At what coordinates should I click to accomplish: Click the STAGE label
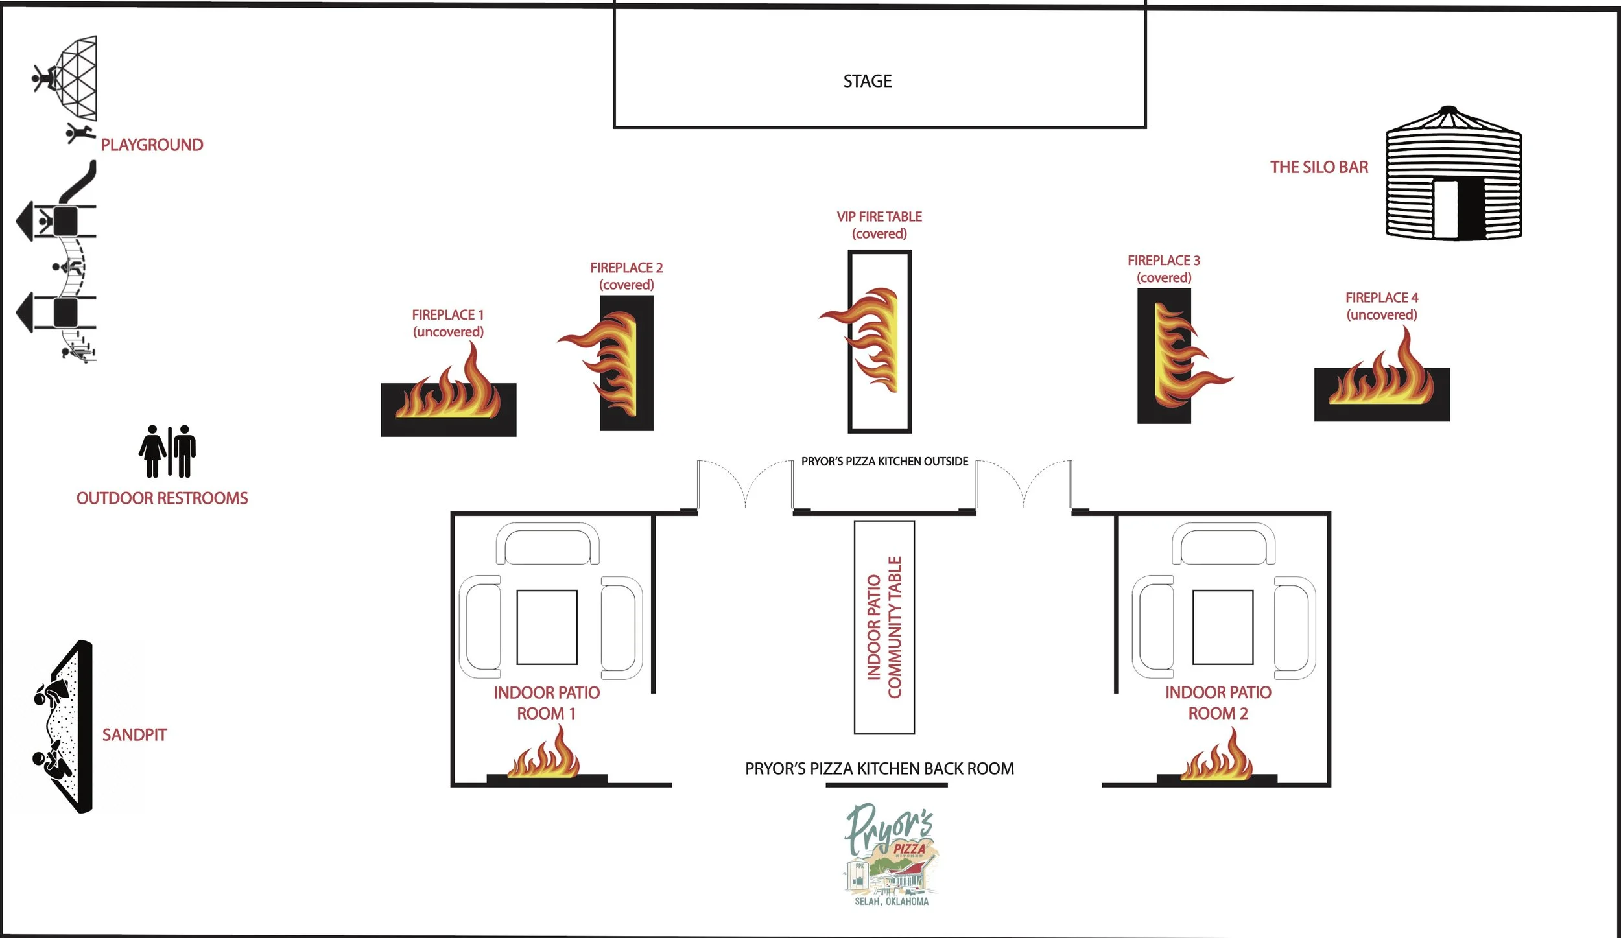[868, 81]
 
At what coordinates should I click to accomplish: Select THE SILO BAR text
[1319, 167]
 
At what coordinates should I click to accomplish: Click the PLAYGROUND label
[152, 145]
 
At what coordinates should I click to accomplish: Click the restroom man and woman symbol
[167, 451]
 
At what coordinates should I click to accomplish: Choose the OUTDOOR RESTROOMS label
[162, 498]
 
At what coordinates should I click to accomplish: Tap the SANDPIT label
[134, 734]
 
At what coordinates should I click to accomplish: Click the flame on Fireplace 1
[454, 389]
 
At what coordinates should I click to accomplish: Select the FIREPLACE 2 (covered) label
[626, 276]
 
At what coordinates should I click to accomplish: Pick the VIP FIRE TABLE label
[879, 225]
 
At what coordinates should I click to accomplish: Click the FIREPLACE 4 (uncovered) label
[1382, 306]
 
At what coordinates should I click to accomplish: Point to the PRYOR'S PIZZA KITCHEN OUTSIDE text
[884, 462]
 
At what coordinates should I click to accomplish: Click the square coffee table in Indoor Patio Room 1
[547, 627]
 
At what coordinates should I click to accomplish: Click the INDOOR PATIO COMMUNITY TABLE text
[884, 627]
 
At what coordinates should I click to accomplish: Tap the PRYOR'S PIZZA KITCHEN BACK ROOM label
[879, 769]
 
